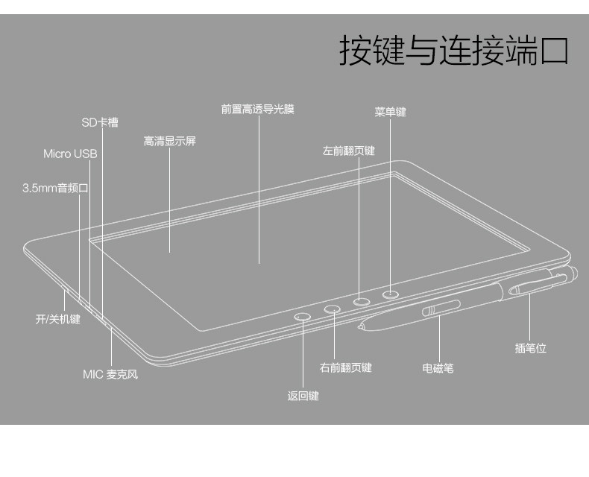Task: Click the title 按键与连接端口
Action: pyautogui.click(x=453, y=51)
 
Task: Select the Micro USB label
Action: pyautogui.click(x=70, y=154)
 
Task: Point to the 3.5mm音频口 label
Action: pyautogui.click(x=55, y=188)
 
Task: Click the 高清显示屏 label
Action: pyautogui.click(x=170, y=141)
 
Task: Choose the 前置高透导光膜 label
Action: pyautogui.click(x=258, y=109)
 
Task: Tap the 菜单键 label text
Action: pyautogui.click(x=390, y=113)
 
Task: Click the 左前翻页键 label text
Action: pyautogui.click(x=349, y=151)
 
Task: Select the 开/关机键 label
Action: pyautogui.click(x=57, y=320)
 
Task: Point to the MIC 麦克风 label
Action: pyautogui.click(x=110, y=374)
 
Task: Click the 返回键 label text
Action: pyautogui.click(x=303, y=396)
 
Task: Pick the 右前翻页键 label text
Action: pyautogui.click(x=345, y=367)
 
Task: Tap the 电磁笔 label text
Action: pyautogui.click(x=438, y=368)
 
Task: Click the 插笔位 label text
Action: pyautogui.click(x=530, y=348)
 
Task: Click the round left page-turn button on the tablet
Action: pyautogui.click(x=362, y=302)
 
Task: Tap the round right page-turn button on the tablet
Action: pyautogui.click(x=333, y=309)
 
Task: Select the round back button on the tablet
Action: pyautogui.click(x=303, y=317)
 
